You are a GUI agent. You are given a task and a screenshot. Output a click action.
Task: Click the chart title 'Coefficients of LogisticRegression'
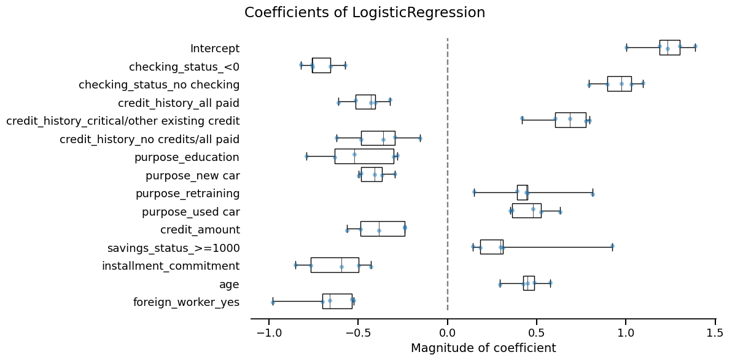364,13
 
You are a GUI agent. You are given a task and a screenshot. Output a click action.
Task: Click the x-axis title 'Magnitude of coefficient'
483,348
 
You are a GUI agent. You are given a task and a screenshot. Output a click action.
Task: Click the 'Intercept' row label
215,49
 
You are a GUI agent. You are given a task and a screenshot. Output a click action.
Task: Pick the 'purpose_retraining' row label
187,194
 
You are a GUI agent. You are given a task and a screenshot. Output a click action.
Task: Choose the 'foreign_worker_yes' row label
186,302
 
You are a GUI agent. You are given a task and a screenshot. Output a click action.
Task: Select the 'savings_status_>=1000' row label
173,248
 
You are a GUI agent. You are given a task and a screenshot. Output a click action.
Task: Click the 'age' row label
229,284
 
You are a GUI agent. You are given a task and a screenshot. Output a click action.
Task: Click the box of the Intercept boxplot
669,47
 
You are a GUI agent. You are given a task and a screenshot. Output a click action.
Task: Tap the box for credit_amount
382,229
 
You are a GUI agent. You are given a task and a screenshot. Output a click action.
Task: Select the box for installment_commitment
335,265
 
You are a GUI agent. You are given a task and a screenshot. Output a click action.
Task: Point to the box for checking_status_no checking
619,84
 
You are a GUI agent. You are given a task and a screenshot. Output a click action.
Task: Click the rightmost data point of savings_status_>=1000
612,246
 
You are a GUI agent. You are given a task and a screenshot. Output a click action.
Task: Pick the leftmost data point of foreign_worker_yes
273,302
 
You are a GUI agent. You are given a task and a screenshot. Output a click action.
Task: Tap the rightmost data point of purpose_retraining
593,194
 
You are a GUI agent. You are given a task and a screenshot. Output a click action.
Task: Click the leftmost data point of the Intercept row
626,47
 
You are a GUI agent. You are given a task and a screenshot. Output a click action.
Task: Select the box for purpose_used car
526,211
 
